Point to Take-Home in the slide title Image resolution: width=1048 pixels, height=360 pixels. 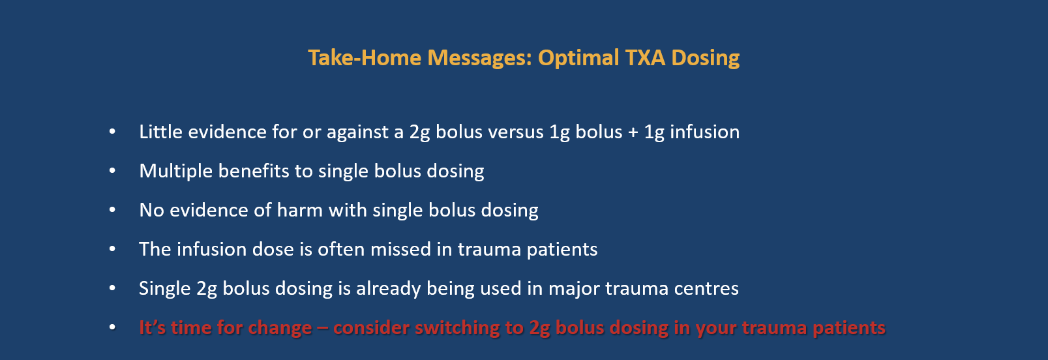365,58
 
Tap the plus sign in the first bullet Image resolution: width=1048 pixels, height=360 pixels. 633,132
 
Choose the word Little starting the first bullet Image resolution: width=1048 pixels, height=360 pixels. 160,132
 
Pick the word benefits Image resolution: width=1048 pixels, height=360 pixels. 254,171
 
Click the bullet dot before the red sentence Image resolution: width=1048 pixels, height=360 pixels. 112,327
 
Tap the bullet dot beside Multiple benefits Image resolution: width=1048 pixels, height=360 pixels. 112,171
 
